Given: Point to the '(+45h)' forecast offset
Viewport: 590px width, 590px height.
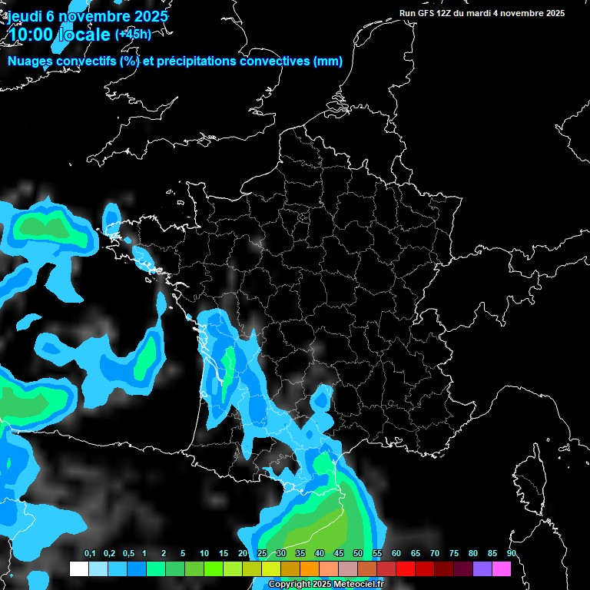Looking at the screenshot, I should [x=133, y=34].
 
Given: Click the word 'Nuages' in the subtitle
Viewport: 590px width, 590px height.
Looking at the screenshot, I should [x=31, y=61].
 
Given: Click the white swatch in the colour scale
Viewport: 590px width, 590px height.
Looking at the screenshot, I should [x=78, y=568].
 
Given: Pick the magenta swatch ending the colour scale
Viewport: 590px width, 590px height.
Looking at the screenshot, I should [x=502, y=568].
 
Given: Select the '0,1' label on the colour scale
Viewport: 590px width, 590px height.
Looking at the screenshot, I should [x=90, y=554].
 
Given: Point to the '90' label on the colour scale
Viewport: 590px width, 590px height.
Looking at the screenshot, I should [x=512, y=554].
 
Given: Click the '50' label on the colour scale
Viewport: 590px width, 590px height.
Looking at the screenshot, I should [x=358, y=554].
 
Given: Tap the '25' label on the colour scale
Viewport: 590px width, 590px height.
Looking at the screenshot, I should [x=262, y=554].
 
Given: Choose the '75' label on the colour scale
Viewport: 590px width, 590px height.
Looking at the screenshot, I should [x=454, y=554].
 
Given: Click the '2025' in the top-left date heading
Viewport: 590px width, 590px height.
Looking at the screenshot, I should [x=146, y=16].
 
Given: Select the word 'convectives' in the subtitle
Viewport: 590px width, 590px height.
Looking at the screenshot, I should [x=277, y=61].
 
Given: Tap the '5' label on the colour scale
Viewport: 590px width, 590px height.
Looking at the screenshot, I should [x=183, y=554].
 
